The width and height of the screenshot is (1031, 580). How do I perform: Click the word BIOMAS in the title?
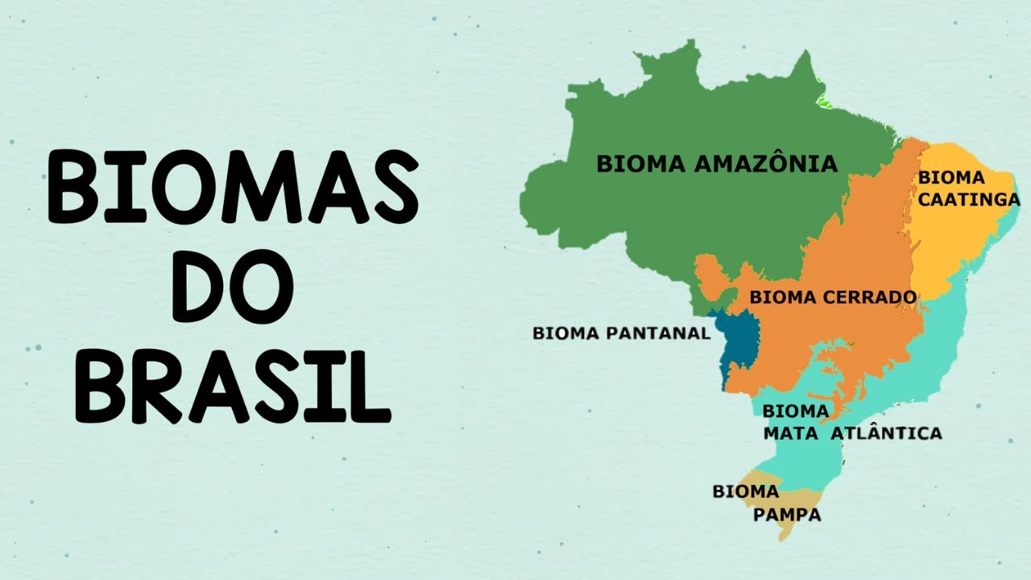233,187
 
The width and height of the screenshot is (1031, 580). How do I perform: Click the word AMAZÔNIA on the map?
765,164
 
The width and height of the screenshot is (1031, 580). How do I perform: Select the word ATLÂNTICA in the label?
886,433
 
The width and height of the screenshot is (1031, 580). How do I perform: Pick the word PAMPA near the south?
787,514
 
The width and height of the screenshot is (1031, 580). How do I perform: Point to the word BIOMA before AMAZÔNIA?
640,164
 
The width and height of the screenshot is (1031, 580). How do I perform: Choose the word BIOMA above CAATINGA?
951,177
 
